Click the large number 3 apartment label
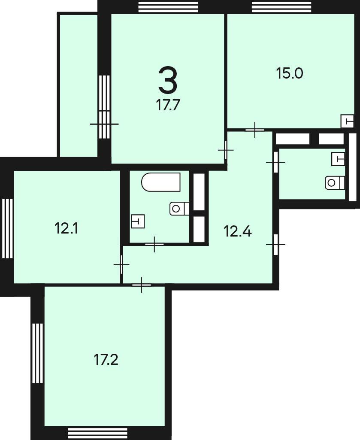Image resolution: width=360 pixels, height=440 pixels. (x=168, y=81)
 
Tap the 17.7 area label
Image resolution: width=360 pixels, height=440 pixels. (x=168, y=106)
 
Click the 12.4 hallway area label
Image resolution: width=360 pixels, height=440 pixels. (x=238, y=231)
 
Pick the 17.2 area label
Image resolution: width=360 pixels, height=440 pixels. (x=106, y=360)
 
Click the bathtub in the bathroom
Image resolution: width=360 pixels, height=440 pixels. (x=161, y=182)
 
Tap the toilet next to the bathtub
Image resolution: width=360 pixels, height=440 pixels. (x=179, y=209)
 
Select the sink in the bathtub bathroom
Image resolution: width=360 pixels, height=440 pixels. (x=138, y=221)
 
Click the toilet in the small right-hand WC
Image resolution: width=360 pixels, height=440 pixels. (x=335, y=183)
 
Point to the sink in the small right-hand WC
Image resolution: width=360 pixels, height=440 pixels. (x=338, y=159)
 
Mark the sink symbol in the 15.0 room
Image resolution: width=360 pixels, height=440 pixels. (x=347, y=121)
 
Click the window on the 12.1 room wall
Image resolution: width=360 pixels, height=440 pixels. (x=8, y=228)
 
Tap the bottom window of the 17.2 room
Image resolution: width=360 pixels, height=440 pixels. (x=98, y=432)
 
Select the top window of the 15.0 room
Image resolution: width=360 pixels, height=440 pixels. (x=282, y=7)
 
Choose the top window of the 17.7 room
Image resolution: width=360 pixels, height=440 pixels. (x=168, y=7)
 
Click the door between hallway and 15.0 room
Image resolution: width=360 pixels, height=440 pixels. (x=255, y=130)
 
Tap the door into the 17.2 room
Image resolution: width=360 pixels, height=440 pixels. (x=142, y=285)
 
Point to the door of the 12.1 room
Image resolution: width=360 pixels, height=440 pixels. (x=121, y=264)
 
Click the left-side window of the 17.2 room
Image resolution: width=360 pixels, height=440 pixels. (x=37, y=353)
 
